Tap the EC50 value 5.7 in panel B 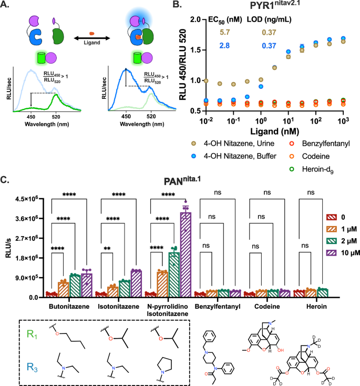[x=225, y=34]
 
